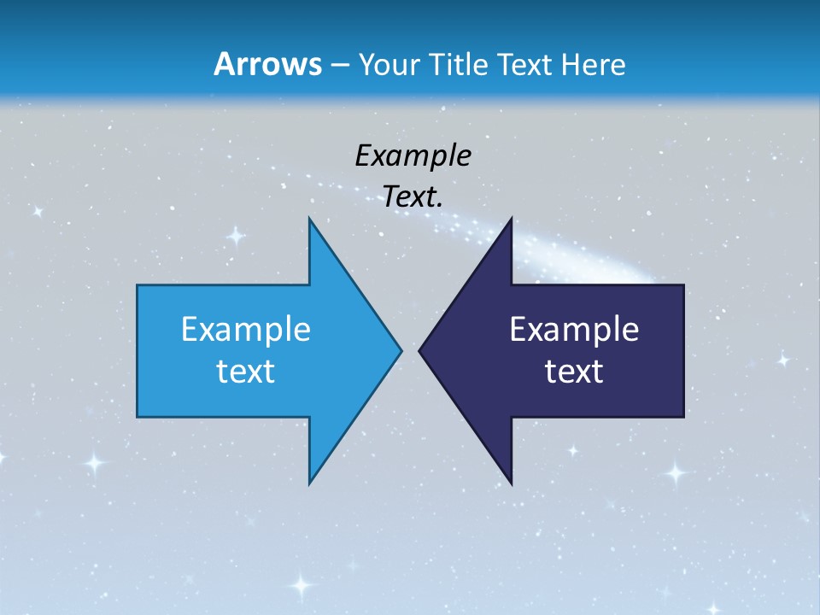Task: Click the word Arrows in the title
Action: pos(266,64)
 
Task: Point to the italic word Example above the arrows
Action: pos(413,155)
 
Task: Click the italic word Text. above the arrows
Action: pos(413,197)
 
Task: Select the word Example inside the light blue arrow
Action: pos(245,329)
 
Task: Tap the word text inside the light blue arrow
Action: pos(245,371)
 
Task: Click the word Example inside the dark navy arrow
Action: pos(574,329)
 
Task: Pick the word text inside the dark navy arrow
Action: pos(574,371)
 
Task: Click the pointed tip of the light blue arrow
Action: pos(401,350)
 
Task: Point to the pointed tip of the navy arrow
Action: pos(419,350)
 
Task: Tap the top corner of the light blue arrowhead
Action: pos(309,218)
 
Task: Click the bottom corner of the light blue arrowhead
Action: pos(309,483)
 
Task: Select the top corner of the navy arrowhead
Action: pos(511,218)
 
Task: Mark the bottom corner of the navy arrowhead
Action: pos(511,483)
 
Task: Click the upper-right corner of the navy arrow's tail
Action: pos(683,285)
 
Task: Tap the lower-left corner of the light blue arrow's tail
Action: pos(138,417)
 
